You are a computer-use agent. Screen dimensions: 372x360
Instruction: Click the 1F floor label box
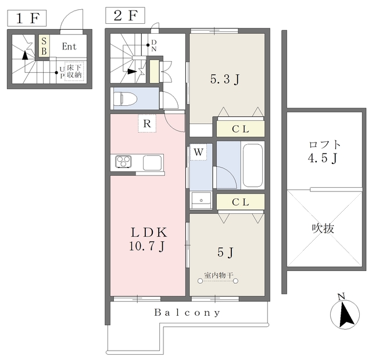(27, 18)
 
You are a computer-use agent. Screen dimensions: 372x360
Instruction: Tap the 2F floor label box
(125, 16)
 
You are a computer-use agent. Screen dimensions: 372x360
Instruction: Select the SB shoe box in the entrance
(44, 46)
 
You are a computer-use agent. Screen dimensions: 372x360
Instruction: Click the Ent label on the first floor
(69, 47)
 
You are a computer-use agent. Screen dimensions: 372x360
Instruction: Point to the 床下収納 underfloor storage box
(74, 71)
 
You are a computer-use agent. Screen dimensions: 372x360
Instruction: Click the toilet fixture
(126, 98)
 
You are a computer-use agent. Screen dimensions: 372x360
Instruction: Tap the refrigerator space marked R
(147, 123)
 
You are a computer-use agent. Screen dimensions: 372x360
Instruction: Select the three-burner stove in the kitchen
(123, 162)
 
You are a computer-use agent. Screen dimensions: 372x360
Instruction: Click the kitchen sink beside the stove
(152, 163)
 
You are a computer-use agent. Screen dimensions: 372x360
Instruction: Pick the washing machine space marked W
(198, 152)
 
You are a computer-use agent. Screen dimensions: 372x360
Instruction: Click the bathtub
(253, 165)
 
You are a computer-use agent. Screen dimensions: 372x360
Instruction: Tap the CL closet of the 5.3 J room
(241, 129)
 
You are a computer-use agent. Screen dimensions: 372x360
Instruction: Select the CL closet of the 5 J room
(241, 202)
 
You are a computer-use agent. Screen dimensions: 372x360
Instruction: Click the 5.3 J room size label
(225, 79)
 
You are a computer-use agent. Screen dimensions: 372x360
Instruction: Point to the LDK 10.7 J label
(149, 239)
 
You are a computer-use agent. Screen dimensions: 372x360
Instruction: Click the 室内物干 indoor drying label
(219, 275)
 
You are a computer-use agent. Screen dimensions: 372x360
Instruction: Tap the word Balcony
(187, 312)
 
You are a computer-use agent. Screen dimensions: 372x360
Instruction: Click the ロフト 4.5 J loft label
(324, 152)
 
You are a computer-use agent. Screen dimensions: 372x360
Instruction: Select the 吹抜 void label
(323, 229)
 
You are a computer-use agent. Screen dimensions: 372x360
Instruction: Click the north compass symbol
(345, 313)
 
